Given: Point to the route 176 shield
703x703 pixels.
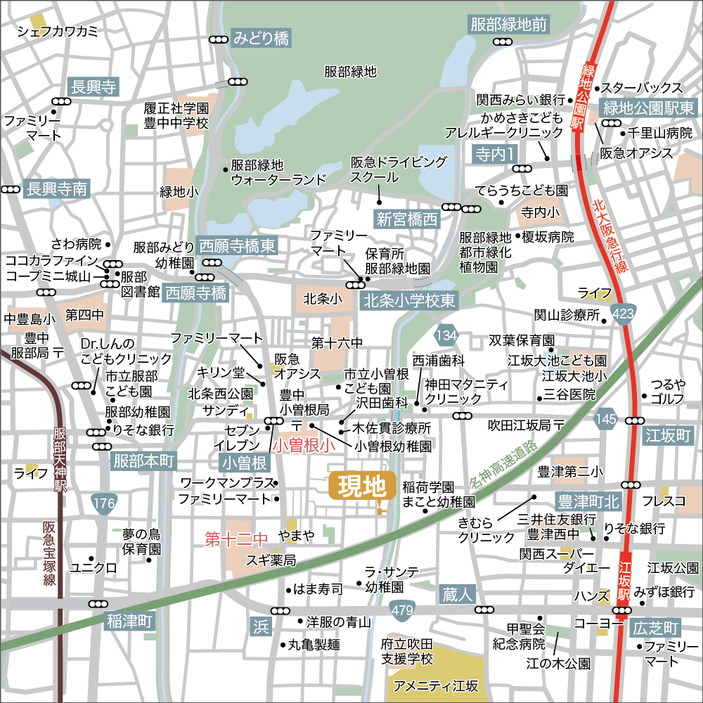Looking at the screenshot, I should point(103,503).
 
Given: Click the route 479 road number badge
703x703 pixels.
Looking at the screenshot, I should point(402,611).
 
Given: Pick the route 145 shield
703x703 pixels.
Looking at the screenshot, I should point(605,420).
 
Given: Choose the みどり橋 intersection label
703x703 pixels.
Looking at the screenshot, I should point(262,39).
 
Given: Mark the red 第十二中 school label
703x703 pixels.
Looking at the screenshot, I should point(237,540).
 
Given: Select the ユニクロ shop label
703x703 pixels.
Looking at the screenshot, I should point(93,568).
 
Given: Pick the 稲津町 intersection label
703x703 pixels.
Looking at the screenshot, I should point(130,621).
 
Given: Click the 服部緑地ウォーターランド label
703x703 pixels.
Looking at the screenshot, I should point(279,173).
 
